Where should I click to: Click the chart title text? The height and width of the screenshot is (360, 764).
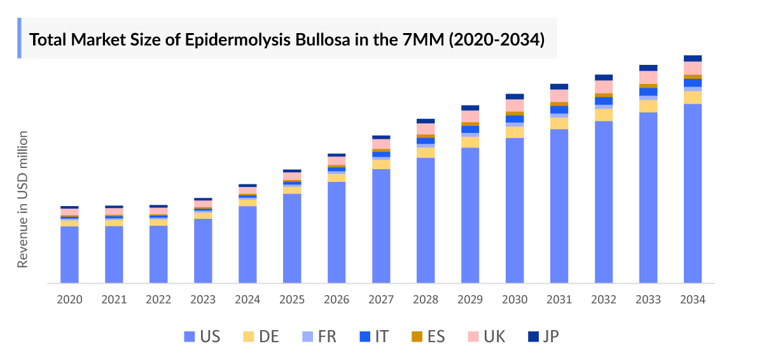[x=288, y=39]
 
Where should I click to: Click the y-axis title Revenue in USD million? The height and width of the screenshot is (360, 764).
[x=23, y=199]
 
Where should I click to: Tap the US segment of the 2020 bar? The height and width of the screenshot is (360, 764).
[x=69, y=254]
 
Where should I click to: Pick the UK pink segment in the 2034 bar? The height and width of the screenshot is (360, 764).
[x=693, y=68]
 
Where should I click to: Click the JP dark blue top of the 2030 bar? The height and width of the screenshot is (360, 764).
[x=515, y=97]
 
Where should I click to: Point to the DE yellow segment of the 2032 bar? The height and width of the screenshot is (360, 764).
[x=604, y=115]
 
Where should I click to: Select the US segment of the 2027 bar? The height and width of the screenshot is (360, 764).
[x=381, y=226]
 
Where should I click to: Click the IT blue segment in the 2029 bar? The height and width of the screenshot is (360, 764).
[x=470, y=129]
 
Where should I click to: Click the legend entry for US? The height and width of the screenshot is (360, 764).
[x=202, y=336]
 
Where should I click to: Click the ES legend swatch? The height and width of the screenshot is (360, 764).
[x=417, y=336]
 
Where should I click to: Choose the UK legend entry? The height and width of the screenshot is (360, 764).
[x=487, y=336]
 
